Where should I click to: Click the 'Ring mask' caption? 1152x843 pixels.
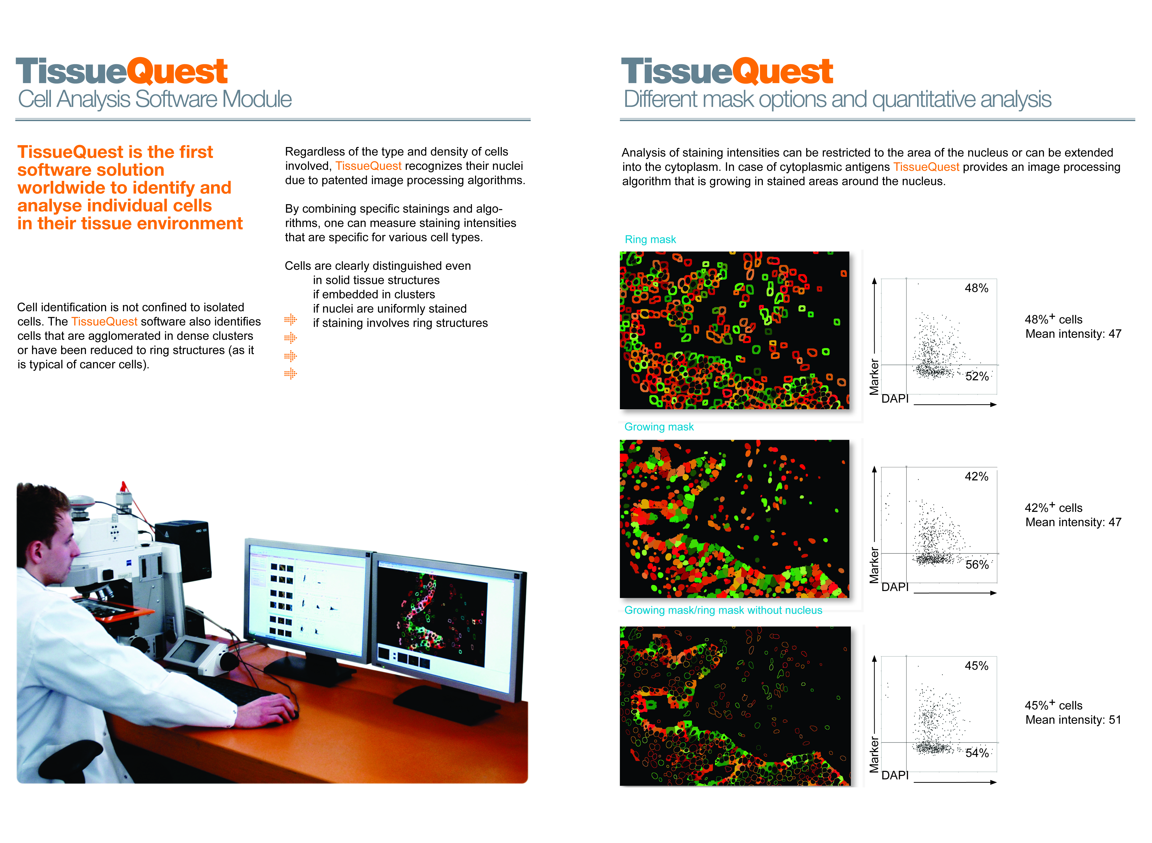[650, 239]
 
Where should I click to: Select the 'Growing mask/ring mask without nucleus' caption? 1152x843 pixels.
[723, 610]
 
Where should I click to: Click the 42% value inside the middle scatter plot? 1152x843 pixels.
[976, 477]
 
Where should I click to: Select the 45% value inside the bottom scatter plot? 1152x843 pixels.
[976, 666]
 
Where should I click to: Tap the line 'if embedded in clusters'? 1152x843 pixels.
[374, 294]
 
